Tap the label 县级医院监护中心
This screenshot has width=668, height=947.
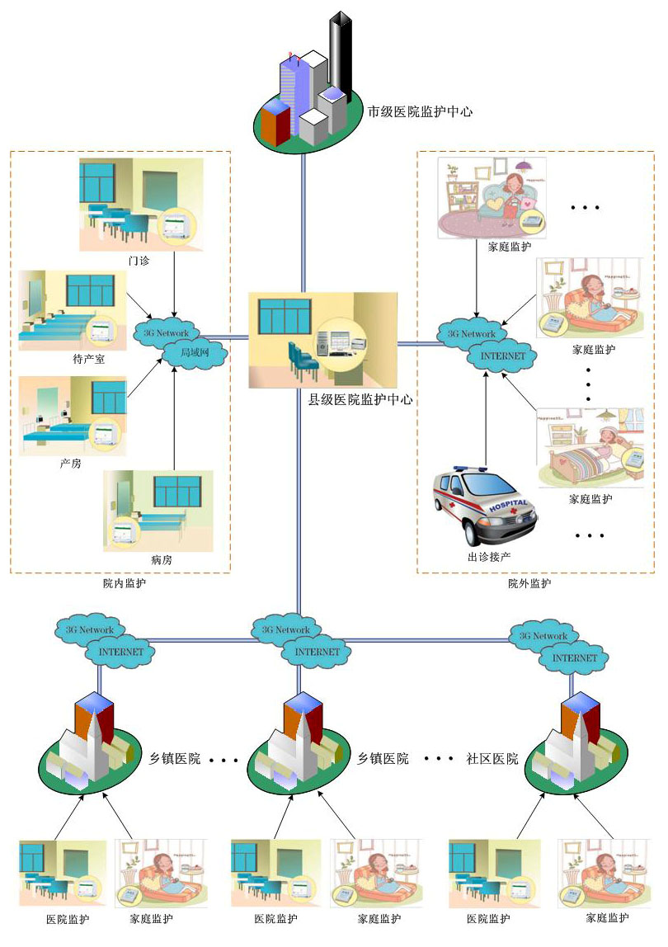[x=360, y=399]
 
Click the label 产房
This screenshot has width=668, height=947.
[x=71, y=464]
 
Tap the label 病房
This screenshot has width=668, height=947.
[x=162, y=561]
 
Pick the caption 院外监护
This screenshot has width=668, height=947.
[x=529, y=583]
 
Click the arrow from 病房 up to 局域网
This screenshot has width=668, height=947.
[x=175, y=421]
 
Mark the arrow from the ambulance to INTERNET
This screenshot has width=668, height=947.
[x=486, y=421]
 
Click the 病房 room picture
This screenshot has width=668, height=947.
[x=158, y=511]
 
